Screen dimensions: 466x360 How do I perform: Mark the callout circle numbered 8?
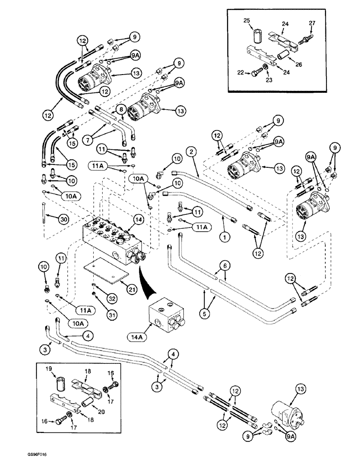pyautogui.click(x=121, y=109)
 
